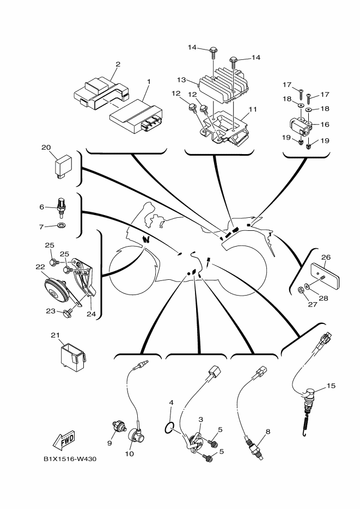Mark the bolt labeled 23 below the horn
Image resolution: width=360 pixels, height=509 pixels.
(68, 312)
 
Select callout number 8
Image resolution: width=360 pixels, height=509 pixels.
(267, 431)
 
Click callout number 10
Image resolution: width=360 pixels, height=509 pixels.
(130, 454)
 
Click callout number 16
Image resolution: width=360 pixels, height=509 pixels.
(325, 125)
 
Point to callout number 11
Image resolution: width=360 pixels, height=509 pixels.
(252, 108)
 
